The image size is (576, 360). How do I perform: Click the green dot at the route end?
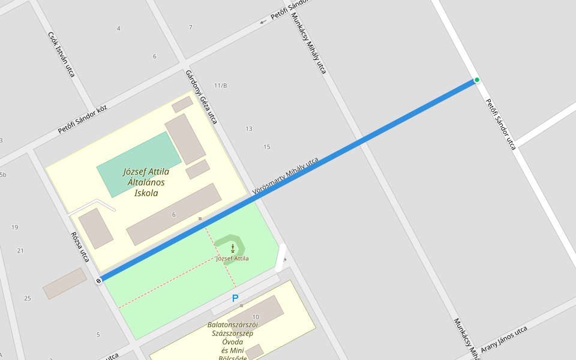[x=477, y=80]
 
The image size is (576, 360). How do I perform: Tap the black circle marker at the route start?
[x=98, y=280]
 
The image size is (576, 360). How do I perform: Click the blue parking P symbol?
[x=235, y=298]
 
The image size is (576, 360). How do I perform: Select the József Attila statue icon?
[x=233, y=247]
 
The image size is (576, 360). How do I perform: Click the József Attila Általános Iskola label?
[x=146, y=182]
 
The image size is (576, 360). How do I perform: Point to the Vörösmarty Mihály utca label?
[x=286, y=176]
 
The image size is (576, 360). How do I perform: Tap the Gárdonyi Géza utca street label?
[x=201, y=97]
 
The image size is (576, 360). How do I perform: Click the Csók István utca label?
[x=61, y=54]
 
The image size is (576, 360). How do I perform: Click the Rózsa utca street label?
[x=80, y=247]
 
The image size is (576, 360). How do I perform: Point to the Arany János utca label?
[x=503, y=339]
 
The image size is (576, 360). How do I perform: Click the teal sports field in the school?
[x=139, y=164]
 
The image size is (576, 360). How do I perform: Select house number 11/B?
[x=221, y=85]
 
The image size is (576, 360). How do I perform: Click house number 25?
[x=27, y=298]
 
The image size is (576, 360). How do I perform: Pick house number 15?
[x=267, y=147]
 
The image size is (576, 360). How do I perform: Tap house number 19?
[x=14, y=227]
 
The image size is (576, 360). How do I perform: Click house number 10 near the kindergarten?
[x=256, y=317]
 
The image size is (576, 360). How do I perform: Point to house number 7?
[x=190, y=28]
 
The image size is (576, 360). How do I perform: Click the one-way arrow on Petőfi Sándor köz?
[x=263, y=22]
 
